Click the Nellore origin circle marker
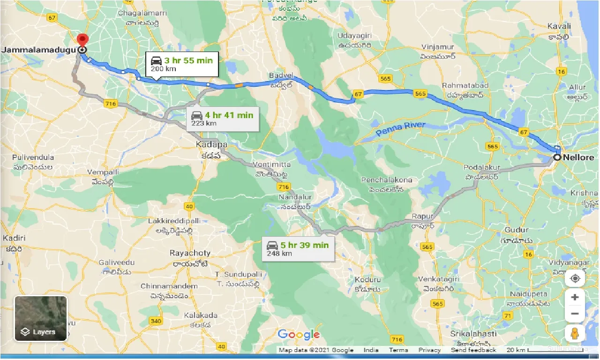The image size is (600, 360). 557,157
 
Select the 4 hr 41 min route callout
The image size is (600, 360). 222,119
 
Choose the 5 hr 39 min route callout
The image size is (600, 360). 298,249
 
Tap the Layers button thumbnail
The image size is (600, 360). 41,318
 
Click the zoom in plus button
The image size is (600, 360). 575,297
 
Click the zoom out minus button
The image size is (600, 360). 575,314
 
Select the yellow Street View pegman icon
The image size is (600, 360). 575,333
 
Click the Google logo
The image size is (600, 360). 299,335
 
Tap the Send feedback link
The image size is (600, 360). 473,350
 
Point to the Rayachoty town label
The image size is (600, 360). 190,253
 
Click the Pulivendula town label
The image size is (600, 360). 33,157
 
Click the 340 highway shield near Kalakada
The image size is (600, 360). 156,321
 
